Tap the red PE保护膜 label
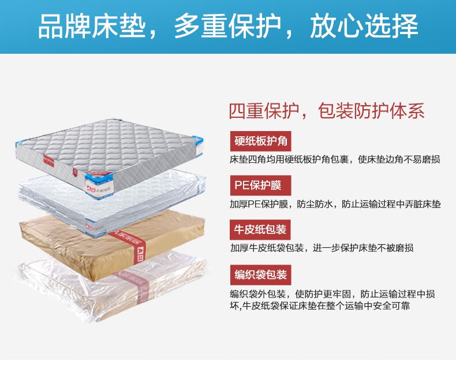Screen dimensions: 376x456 tap(258, 185)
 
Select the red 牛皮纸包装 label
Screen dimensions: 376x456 tap(259, 229)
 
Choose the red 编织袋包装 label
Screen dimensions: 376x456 tap(259, 273)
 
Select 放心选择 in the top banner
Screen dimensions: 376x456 tap(364, 27)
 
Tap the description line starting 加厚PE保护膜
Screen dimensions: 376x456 tap(335, 204)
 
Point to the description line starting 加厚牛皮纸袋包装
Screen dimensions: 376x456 tap(322, 248)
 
